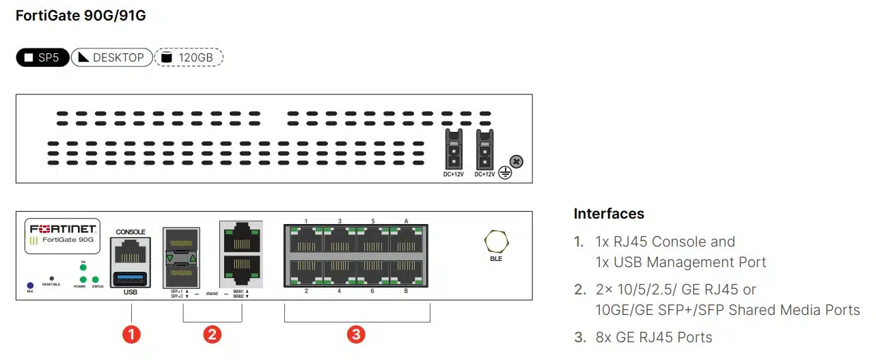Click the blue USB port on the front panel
(x=130, y=278)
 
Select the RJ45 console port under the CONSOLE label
(x=130, y=253)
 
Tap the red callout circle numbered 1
(x=131, y=334)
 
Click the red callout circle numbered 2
(x=212, y=334)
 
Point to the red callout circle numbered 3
(x=356, y=334)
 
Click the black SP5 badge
(x=42, y=57)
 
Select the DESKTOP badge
(x=111, y=57)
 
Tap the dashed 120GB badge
(x=189, y=57)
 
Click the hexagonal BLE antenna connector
(x=495, y=242)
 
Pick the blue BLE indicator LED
(x=30, y=285)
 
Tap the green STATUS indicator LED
(x=96, y=280)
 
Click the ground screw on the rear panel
(x=517, y=162)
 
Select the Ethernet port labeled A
(x=407, y=240)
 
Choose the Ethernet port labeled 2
(x=306, y=273)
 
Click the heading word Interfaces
(x=609, y=214)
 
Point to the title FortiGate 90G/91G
(x=81, y=16)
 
